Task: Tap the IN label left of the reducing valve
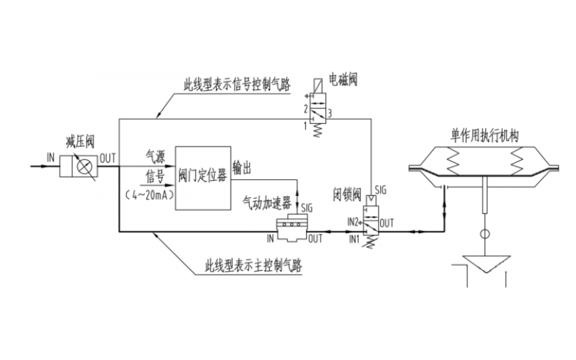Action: [x=50, y=156]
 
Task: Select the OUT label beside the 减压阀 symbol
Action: [x=108, y=156]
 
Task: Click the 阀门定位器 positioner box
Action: [x=202, y=176]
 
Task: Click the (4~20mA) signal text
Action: [x=150, y=195]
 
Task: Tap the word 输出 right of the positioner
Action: [x=242, y=167]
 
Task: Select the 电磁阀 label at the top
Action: [x=343, y=79]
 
